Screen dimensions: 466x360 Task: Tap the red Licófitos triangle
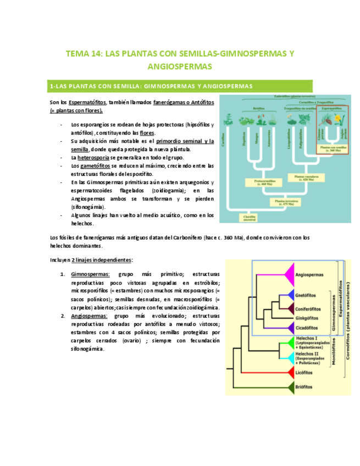point(289,371)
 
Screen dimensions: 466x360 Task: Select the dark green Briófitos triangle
point(289,387)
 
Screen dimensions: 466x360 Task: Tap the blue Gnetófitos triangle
point(289,295)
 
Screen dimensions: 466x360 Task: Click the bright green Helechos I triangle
point(289,342)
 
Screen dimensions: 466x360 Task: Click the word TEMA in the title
point(77,54)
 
